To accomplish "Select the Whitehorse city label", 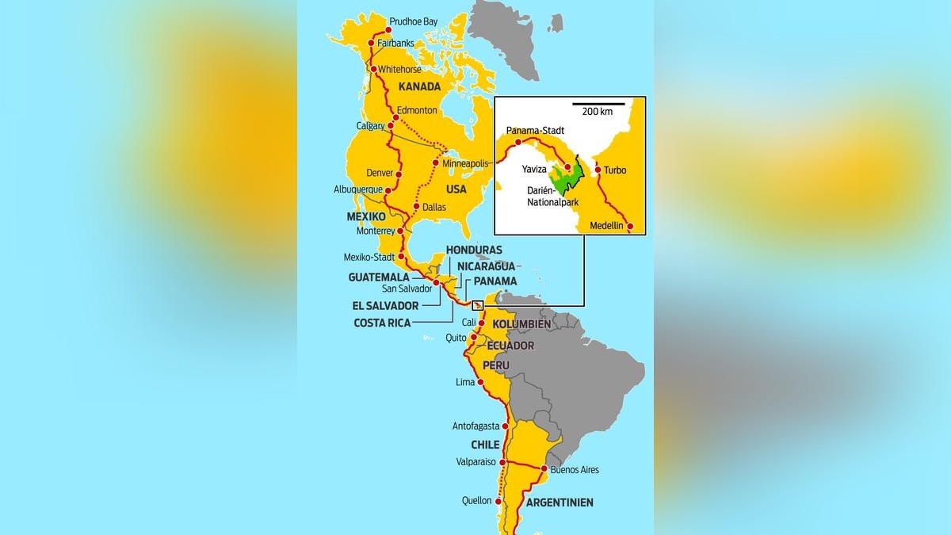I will (x=399, y=70).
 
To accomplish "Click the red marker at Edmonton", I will (x=396, y=118).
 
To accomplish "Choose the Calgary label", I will (x=370, y=125).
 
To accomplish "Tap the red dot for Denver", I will (x=399, y=174).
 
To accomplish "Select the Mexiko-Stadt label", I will (x=369, y=257).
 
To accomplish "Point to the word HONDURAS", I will (x=474, y=250).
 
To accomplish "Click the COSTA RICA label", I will (x=382, y=323).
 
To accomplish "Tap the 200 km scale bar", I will (x=598, y=104).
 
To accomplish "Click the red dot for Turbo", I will (x=598, y=170).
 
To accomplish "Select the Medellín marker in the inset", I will (x=630, y=227).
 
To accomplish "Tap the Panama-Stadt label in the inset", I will (x=534, y=131).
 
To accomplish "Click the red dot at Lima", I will (x=481, y=382).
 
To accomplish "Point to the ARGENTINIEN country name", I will (x=559, y=503).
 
